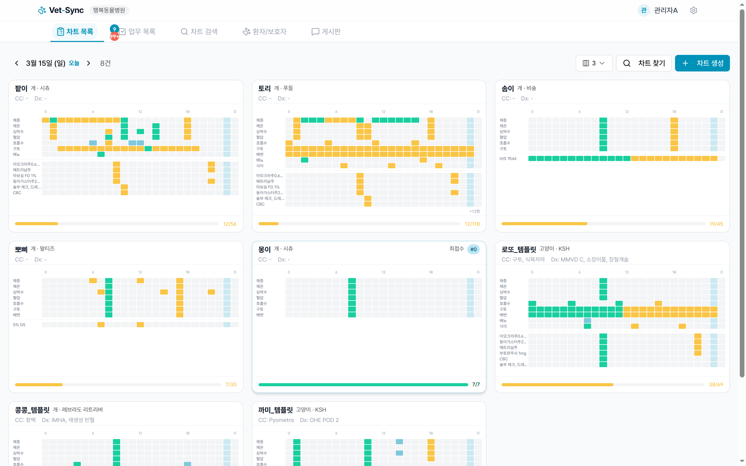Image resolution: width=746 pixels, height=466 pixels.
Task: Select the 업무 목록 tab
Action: click(138, 31)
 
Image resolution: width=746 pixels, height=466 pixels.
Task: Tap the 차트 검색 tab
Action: click(199, 31)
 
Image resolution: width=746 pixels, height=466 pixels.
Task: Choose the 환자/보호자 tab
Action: click(264, 31)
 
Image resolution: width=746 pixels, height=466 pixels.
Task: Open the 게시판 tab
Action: click(326, 31)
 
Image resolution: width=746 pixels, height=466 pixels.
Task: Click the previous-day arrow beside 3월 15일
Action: click(17, 63)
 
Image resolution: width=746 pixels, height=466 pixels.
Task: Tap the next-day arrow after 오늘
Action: click(89, 63)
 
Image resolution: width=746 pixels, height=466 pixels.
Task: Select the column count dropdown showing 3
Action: click(594, 63)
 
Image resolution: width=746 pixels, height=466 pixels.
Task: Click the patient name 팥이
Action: click(21, 89)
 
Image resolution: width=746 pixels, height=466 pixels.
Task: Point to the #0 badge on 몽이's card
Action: click(473, 249)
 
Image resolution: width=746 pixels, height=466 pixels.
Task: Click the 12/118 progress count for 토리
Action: click(472, 224)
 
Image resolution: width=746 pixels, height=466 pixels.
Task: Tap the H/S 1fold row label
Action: click(507, 159)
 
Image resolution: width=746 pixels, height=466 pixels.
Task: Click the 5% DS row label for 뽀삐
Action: click(19, 325)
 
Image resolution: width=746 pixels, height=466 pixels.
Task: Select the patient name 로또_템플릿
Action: click(519, 249)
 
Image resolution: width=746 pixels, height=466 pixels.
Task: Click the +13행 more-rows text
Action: click(475, 212)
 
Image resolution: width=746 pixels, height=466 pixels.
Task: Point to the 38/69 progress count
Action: click(715, 385)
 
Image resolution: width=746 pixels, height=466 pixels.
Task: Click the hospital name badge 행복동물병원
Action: click(109, 10)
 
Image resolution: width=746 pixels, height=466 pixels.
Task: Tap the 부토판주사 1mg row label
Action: click(513, 353)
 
